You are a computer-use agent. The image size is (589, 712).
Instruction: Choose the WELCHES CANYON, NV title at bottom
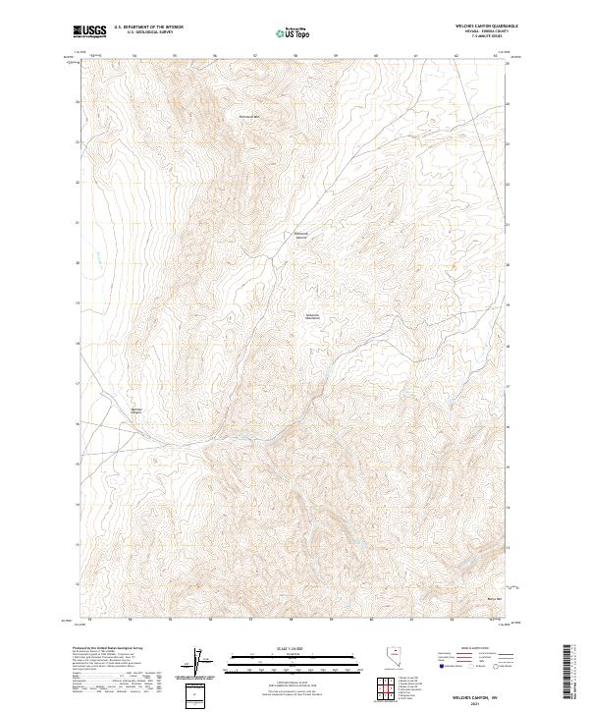(x=475, y=693)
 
